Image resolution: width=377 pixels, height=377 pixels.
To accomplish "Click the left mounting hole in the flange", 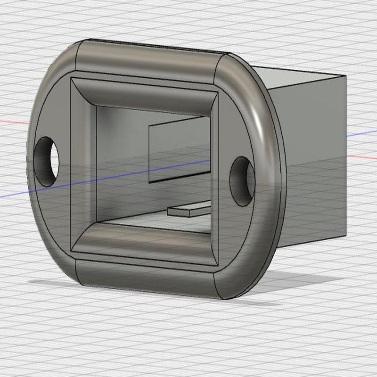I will pos(47,161).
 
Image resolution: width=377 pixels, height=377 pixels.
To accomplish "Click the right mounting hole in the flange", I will pos(242,181).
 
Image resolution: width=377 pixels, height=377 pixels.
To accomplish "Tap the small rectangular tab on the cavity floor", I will pos(188,211).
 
